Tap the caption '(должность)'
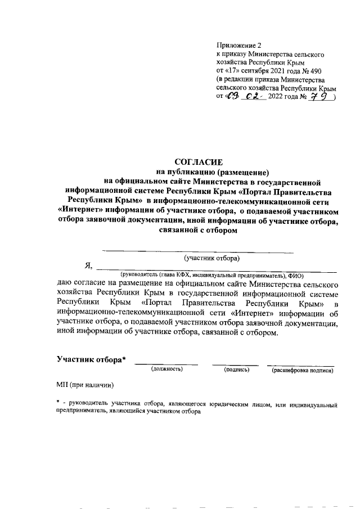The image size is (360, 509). (x=167, y=370)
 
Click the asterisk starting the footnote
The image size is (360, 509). (x=58, y=403)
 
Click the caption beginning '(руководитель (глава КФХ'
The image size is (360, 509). (x=208, y=276)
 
